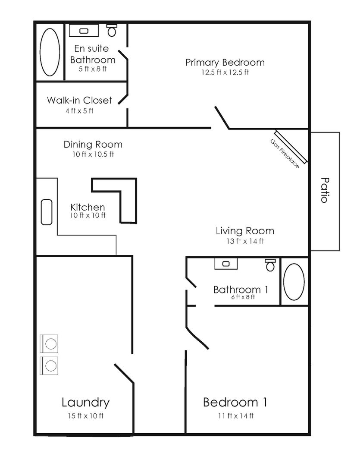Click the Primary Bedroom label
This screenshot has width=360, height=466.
point(225,62)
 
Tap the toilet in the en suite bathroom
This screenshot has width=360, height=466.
point(112,30)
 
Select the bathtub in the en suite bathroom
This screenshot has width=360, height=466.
point(50,52)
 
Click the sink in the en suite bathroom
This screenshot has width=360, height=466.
point(84,31)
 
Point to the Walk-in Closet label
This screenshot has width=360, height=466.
point(79,101)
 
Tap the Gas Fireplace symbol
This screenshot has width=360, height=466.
point(291,147)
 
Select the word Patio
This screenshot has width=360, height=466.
point(326,190)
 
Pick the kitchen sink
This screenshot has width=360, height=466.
point(47,212)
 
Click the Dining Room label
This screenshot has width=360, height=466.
point(93,145)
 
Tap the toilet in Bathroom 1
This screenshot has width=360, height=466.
point(270,265)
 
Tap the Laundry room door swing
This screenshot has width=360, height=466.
point(124,374)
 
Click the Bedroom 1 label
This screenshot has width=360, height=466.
point(235,403)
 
